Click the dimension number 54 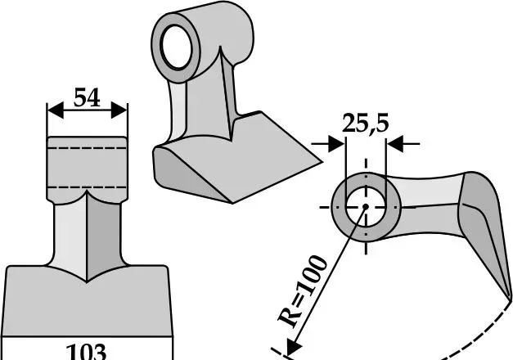click(87, 97)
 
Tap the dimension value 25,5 click(366, 124)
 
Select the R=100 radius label click(303, 291)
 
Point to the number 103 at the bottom click(87, 352)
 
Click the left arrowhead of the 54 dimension click(56, 110)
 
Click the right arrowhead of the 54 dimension click(119, 110)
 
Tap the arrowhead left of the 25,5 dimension click(336, 144)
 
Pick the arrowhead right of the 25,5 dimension click(395, 144)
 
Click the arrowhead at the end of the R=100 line click(292, 348)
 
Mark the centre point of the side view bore click(366, 206)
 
